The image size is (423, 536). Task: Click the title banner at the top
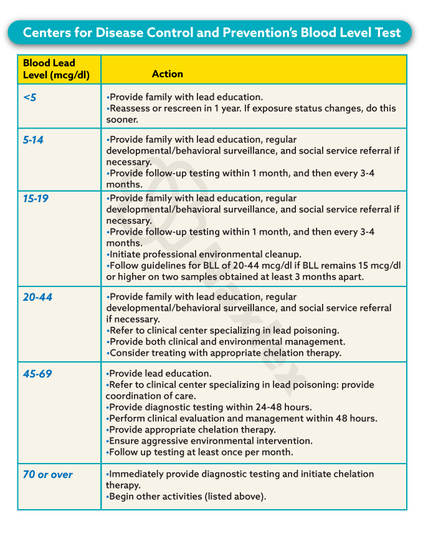(x=211, y=32)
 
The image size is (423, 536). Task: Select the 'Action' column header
(x=167, y=74)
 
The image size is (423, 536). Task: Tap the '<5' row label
(x=30, y=97)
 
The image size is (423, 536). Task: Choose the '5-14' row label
(x=33, y=140)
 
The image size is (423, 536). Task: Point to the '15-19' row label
(x=36, y=198)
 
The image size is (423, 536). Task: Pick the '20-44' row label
(x=37, y=297)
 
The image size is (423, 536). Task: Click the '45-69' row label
(x=37, y=374)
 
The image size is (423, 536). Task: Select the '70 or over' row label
(x=47, y=474)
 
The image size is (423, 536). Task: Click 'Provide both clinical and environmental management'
(x=226, y=342)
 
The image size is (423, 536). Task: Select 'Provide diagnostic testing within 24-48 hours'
(x=209, y=407)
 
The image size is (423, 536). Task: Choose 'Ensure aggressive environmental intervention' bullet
(x=209, y=441)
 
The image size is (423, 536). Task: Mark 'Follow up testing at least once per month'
(x=199, y=452)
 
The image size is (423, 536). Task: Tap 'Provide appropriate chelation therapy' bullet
(x=191, y=430)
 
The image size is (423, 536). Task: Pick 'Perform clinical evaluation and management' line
(x=242, y=419)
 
